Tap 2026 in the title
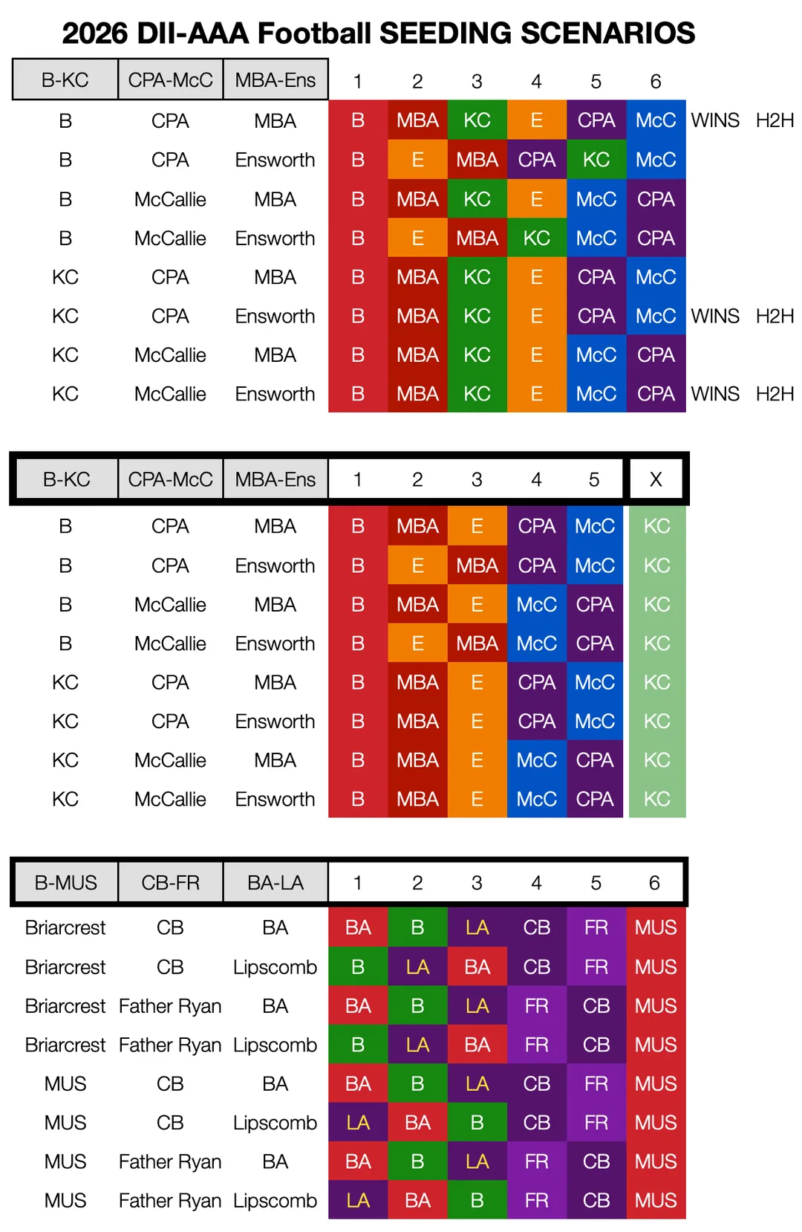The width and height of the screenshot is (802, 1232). (x=95, y=33)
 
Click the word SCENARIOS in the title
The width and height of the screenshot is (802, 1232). (x=607, y=33)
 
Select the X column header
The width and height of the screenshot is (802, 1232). (x=656, y=479)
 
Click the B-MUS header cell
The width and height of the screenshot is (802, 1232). (x=66, y=882)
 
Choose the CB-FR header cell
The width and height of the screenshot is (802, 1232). (x=170, y=882)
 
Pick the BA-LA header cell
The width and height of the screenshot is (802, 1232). (x=276, y=882)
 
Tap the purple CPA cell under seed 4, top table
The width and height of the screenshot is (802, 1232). (x=536, y=160)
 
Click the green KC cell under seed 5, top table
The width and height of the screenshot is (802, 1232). (x=596, y=160)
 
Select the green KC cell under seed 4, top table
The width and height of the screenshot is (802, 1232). (x=536, y=238)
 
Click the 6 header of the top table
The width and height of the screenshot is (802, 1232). (x=656, y=82)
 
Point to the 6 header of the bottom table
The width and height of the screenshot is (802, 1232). (x=654, y=882)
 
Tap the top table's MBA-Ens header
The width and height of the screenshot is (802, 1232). (x=276, y=80)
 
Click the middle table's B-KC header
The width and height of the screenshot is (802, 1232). (x=67, y=479)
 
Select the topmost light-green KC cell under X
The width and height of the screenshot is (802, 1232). (x=657, y=526)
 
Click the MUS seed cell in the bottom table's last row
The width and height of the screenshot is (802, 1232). (x=656, y=1199)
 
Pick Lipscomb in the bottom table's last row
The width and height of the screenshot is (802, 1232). (x=275, y=1200)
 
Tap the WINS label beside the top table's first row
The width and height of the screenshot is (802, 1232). (x=715, y=120)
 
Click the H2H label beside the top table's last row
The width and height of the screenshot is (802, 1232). (x=775, y=394)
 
